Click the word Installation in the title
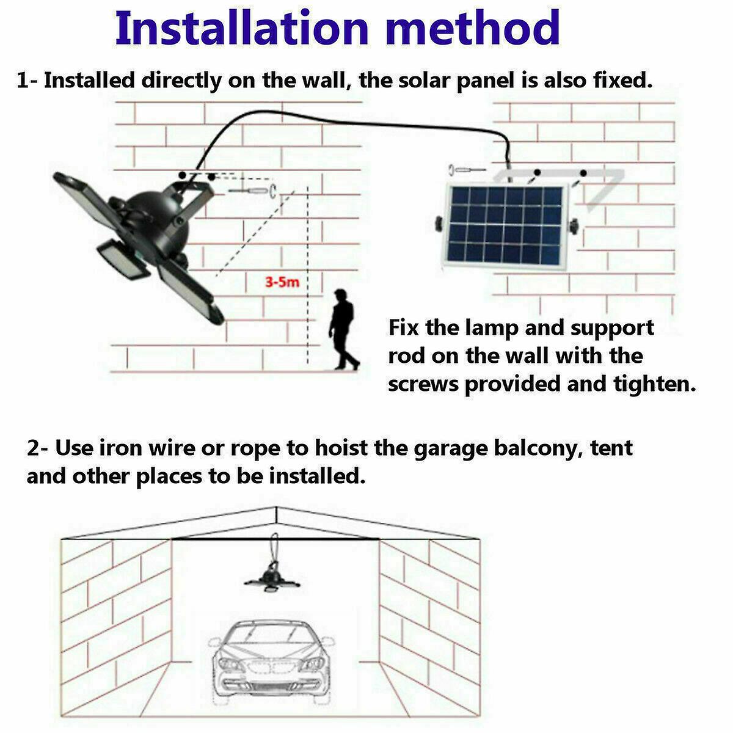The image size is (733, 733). point(241,27)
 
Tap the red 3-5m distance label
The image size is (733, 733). point(282,283)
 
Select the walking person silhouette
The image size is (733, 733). point(343,330)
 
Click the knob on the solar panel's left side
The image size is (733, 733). point(439,224)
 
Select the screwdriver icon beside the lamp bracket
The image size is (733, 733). point(252,191)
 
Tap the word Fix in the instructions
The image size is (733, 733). point(404,328)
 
